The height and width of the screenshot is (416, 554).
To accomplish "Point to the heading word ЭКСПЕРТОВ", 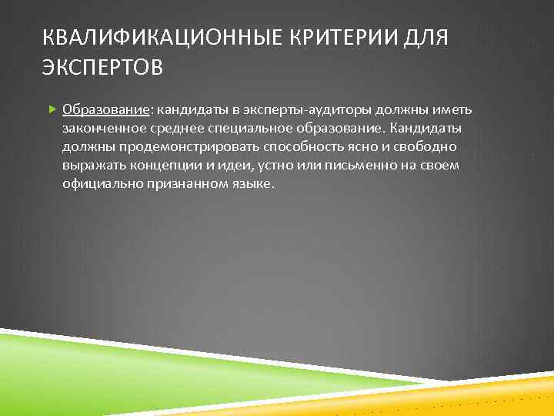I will pos(102,69).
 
